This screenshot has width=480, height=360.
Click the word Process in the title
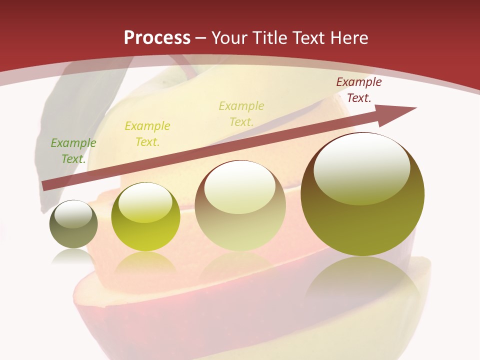[157, 38]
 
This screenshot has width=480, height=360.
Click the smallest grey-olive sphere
[73, 224]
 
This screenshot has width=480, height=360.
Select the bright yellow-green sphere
[145, 217]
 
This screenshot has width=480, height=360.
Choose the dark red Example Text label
[358, 90]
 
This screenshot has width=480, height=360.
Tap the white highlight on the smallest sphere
[73, 214]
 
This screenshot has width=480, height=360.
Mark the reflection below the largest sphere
[362, 280]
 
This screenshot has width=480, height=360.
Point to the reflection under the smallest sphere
[73, 256]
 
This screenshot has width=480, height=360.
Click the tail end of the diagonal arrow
[44, 186]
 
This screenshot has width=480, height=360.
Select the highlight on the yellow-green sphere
[145, 203]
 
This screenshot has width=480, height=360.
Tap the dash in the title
[201, 38]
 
